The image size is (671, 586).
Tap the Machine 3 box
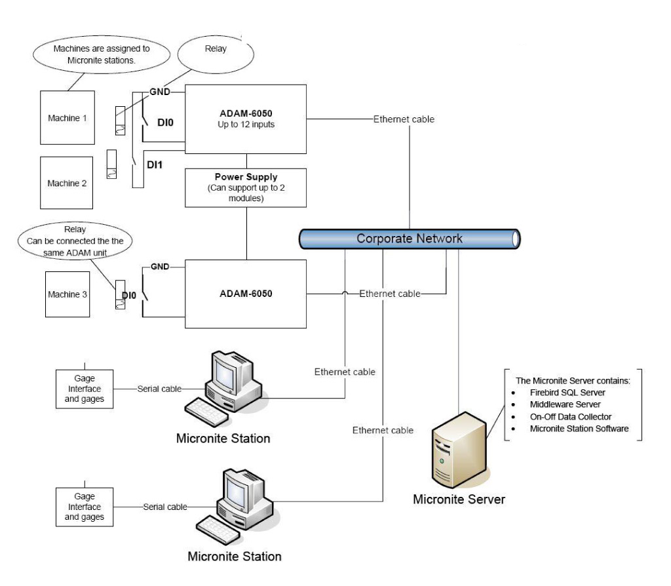[x=67, y=294]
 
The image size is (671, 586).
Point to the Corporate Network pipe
[x=409, y=239]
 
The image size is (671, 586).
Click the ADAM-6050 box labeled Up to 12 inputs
[x=246, y=118]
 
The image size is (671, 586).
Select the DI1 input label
[x=154, y=165]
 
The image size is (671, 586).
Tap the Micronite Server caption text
[x=459, y=499]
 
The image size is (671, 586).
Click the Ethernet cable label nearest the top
[x=404, y=119]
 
